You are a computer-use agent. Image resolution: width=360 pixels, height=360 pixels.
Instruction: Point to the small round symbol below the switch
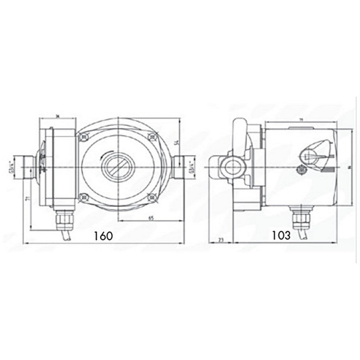[300, 170]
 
